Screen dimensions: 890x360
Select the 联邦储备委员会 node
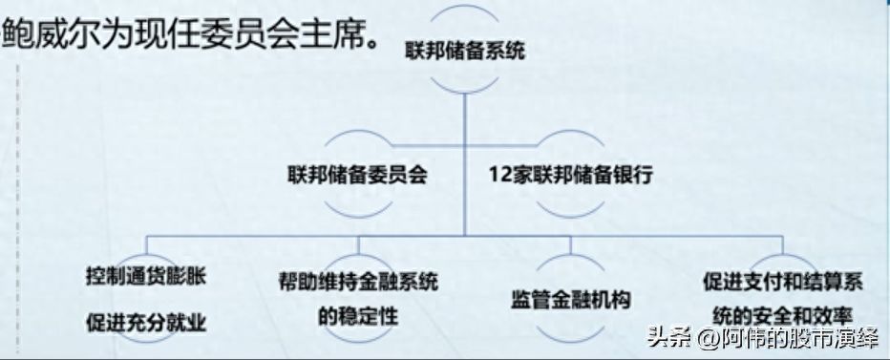356,176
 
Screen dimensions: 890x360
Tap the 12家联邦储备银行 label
570,176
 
